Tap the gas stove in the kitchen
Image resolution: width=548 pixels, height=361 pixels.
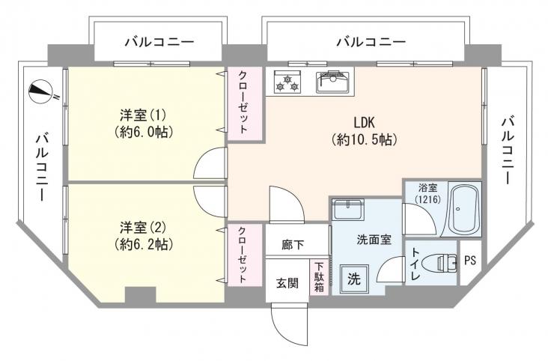pyautogui.click(x=287, y=82)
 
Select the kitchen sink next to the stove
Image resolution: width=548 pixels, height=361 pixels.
pyautogui.click(x=333, y=82)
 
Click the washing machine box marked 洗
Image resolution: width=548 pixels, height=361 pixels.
pyautogui.click(x=354, y=279)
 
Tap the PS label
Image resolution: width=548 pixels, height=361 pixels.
pyautogui.click(x=470, y=260)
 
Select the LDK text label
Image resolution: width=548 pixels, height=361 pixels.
pyautogui.click(x=364, y=122)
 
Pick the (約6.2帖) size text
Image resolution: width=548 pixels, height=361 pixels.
pyautogui.click(x=144, y=244)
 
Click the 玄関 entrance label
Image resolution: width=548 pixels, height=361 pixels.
pyautogui.click(x=287, y=283)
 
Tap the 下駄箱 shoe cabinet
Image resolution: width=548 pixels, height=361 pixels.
pyautogui.click(x=319, y=277)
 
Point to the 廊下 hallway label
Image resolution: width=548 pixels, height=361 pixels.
pyautogui.click(x=293, y=244)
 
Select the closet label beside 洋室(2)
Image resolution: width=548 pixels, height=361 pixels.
pyautogui.click(x=243, y=255)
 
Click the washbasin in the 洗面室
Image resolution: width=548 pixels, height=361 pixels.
pyautogui.click(x=348, y=209)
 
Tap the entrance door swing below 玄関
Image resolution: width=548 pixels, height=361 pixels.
pyautogui.click(x=290, y=324)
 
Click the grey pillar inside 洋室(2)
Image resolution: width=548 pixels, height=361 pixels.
pyautogui.click(x=140, y=295)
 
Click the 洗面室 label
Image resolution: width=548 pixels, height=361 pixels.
pyautogui.click(x=374, y=240)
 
